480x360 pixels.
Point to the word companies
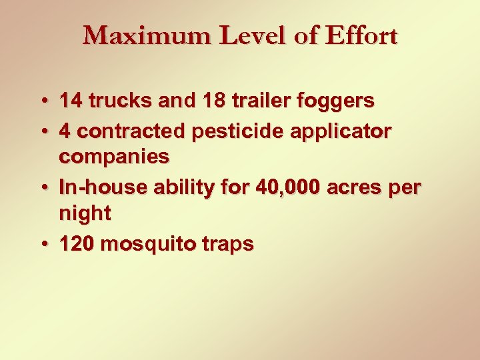[114, 157]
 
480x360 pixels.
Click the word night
[85, 215]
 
